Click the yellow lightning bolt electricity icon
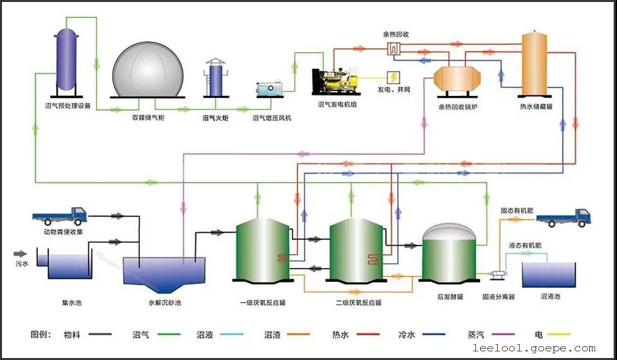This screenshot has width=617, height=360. (393, 76)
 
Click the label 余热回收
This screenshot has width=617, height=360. (396, 34)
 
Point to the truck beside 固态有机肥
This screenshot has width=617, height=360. (563, 216)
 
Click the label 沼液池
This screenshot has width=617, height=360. (550, 297)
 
